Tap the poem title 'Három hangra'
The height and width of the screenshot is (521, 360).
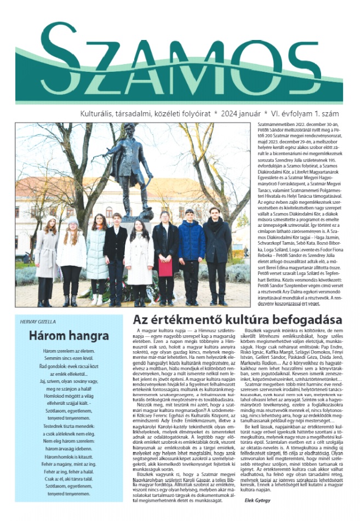(69, 336)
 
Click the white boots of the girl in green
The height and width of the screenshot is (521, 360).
(97, 300)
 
